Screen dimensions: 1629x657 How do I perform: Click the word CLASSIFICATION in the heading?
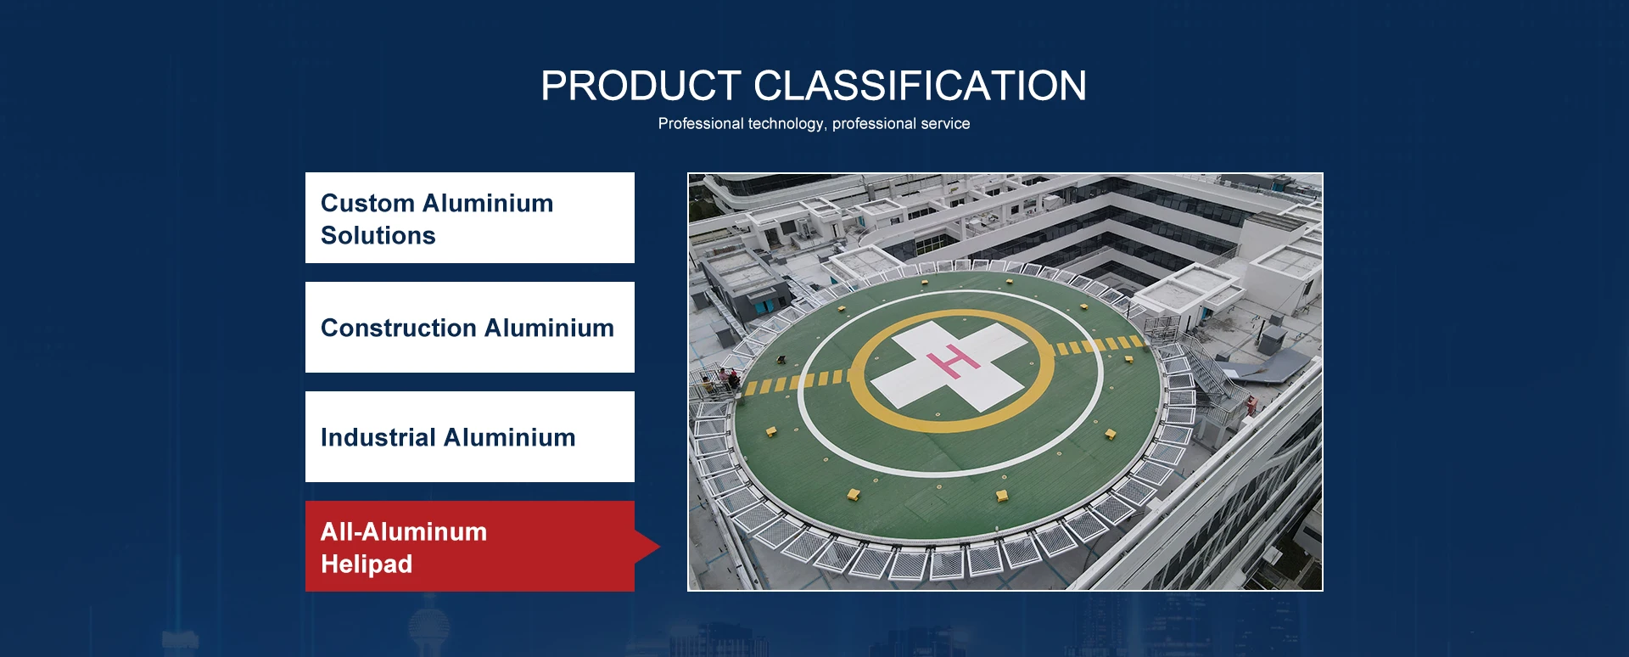[x=920, y=86]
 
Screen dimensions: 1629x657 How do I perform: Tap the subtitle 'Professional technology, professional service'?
[x=814, y=124]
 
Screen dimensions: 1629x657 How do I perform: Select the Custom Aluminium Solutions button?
[x=470, y=218]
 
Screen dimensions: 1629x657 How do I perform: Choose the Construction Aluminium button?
[x=470, y=328]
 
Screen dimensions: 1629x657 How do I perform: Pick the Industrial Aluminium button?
[x=470, y=437]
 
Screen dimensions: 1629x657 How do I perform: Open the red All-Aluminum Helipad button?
[x=470, y=547]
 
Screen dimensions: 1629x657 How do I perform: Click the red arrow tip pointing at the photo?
[x=659, y=547]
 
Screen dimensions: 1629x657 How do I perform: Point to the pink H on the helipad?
[x=954, y=362]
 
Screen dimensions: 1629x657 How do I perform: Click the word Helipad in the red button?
[x=367, y=564]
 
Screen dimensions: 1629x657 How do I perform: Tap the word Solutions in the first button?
[x=378, y=235]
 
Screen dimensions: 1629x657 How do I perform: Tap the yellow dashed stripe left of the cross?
[x=796, y=382]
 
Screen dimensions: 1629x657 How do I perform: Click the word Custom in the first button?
[x=367, y=203]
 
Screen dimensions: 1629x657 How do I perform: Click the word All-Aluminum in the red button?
[x=404, y=532]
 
